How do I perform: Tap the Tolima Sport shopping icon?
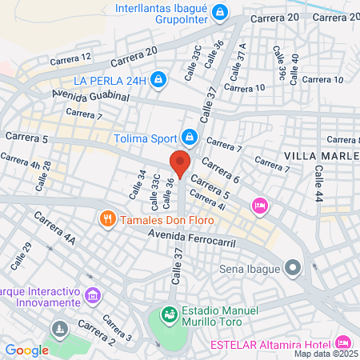190,138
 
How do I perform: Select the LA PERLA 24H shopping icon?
158,79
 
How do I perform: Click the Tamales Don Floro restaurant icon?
106,218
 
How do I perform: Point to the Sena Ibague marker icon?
294,267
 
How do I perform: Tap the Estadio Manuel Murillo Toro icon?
169,314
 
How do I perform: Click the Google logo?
26,350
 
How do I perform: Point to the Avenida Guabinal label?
90,96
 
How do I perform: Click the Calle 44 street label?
319,184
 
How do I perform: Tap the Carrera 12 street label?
70,58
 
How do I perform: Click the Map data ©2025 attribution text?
326,354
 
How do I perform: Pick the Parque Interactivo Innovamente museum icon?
94,296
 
